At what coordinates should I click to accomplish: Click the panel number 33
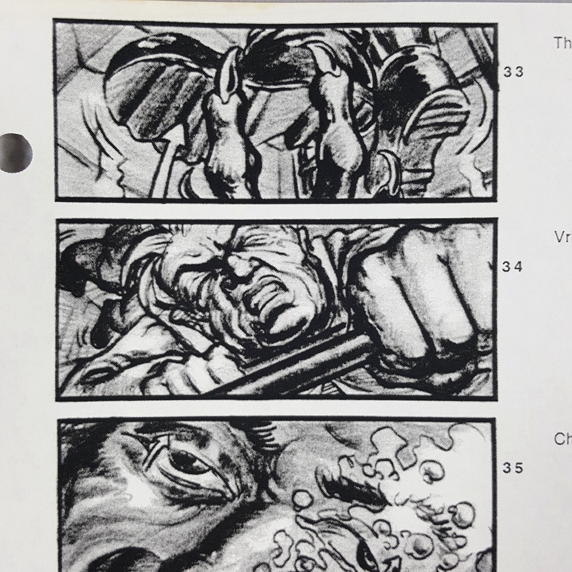(x=513, y=72)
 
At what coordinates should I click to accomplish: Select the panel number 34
(x=513, y=267)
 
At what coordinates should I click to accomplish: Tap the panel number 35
(x=513, y=468)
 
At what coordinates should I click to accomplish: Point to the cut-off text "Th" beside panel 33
(x=563, y=43)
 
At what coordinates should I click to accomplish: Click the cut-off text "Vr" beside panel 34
(x=563, y=237)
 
